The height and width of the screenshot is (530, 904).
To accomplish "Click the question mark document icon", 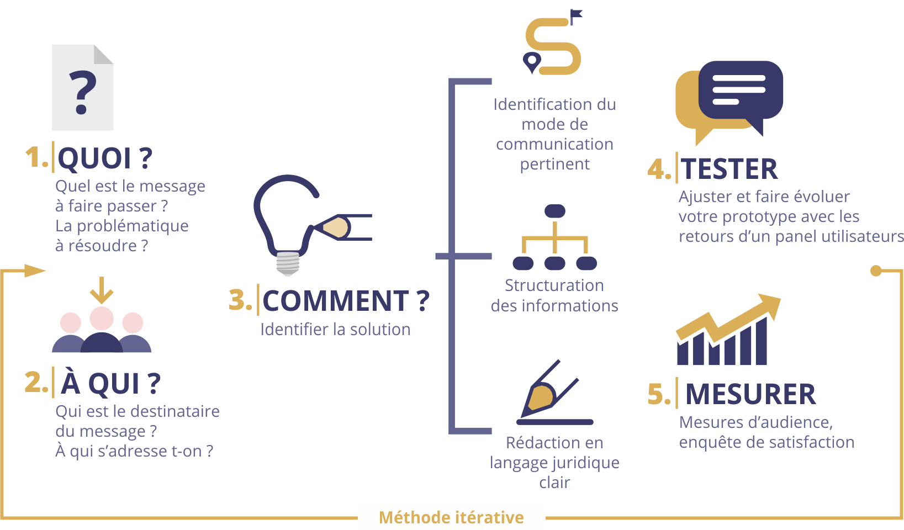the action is pos(83,88).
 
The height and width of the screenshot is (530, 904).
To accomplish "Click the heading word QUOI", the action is pos(94,158).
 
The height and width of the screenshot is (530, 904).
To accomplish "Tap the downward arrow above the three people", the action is pos(102,290).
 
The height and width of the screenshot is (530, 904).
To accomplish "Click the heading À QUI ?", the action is pos(110,383).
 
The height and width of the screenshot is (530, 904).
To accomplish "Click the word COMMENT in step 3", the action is pos(336,301).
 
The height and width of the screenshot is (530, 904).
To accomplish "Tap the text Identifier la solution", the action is pos(335,330).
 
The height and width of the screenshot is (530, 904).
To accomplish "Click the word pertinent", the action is pos(554,164).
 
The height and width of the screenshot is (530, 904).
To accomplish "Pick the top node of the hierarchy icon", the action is pos(554,211).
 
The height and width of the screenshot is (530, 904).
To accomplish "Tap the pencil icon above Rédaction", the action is pos(547,393).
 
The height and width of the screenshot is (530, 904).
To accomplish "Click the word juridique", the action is pos(586,463).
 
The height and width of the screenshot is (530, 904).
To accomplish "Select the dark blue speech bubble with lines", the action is pos(740,90).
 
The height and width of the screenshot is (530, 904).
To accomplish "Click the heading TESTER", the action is pos(729,169).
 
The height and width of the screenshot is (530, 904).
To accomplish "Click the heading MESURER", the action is pos(750,394).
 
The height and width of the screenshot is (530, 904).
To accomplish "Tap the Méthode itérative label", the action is pos(451,517).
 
